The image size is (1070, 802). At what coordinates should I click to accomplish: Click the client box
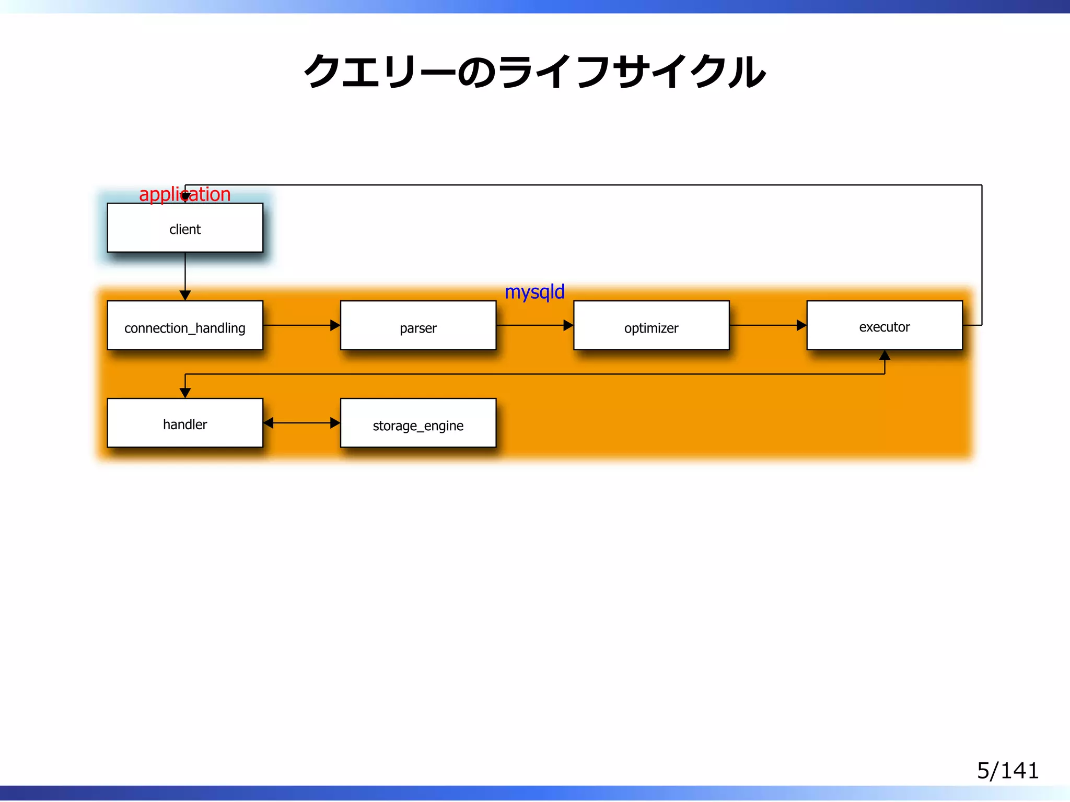click(185, 228)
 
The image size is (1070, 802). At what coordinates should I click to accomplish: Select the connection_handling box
click(185, 325)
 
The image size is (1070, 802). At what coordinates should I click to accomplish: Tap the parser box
click(418, 325)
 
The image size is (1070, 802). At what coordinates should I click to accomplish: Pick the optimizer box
click(651, 325)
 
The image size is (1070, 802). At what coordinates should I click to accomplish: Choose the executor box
click(884, 325)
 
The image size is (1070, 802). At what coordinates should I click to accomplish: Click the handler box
click(185, 423)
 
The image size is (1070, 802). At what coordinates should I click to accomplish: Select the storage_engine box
click(418, 423)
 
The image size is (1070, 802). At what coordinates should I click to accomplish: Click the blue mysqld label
click(534, 292)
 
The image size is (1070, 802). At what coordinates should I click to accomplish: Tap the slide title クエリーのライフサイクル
click(534, 72)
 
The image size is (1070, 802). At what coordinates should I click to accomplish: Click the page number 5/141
click(1007, 771)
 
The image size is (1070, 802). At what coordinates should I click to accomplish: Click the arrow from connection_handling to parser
click(301, 325)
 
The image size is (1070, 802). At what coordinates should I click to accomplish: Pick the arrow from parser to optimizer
click(534, 325)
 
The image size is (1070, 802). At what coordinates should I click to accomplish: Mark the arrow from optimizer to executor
click(767, 325)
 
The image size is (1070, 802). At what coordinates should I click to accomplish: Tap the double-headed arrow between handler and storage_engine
click(301, 423)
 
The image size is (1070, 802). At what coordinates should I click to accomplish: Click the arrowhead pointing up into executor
click(885, 356)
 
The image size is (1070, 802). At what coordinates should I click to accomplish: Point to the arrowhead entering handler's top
click(185, 393)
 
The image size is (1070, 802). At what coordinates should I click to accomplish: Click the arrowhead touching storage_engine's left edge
click(335, 423)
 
